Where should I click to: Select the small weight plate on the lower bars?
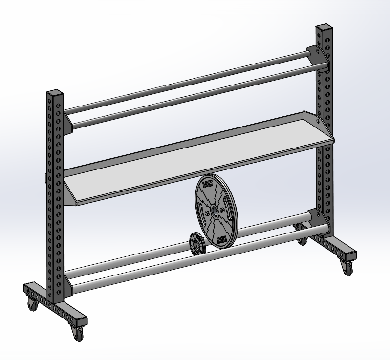[x=196, y=243]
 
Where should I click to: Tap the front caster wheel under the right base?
[x=347, y=268]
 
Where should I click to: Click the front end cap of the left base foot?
[x=81, y=321]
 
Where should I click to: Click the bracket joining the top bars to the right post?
[x=316, y=58]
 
